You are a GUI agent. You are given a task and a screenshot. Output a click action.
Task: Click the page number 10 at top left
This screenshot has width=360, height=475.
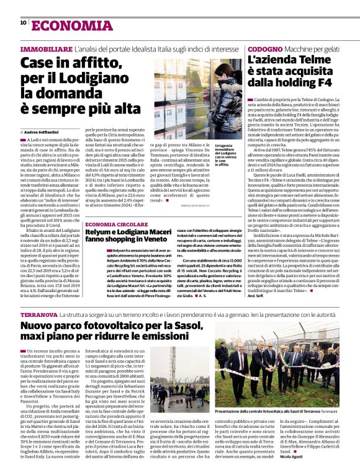click(23, 23)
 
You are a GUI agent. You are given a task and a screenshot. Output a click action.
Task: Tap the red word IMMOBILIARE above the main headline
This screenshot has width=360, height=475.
click(46, 48)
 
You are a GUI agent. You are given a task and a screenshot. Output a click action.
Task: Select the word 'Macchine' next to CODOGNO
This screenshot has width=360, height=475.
click(301, 48)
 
